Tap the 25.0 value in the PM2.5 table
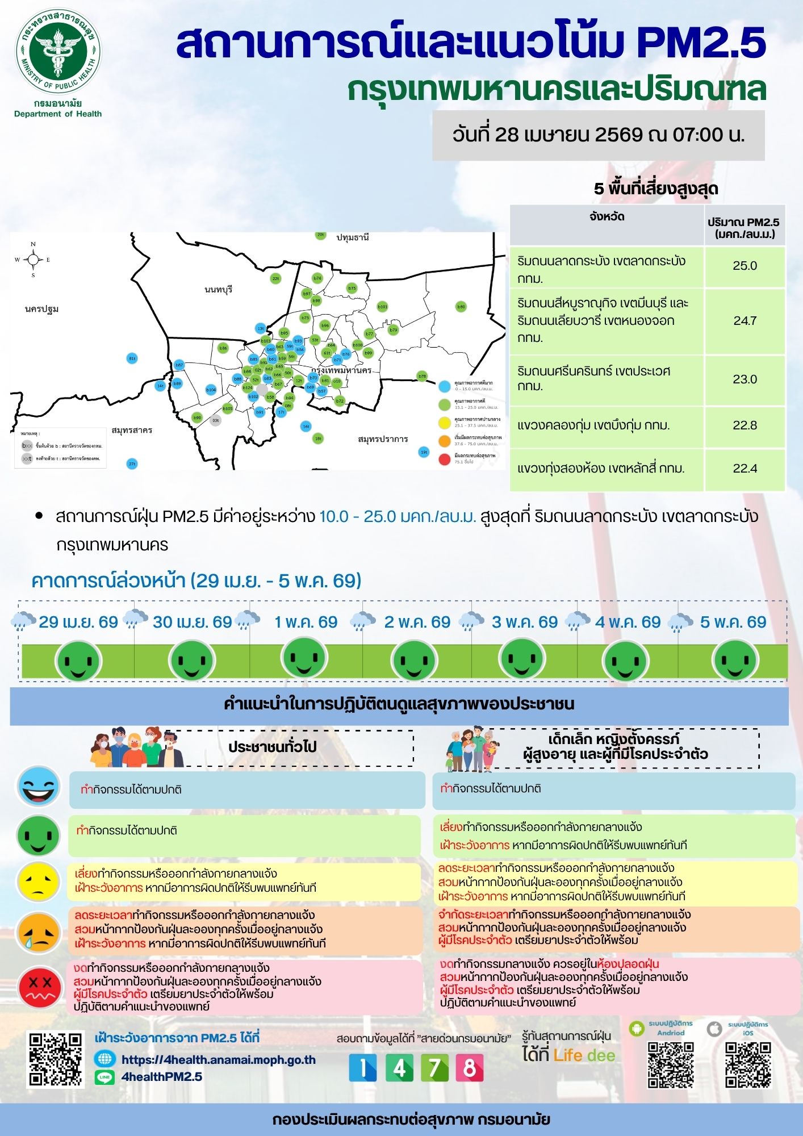[x=745, y=266]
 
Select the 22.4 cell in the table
[x=745, y=469]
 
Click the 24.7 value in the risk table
[x=745, y=321]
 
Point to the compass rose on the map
[x=33, y=260]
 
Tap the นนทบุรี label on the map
[x=219, y=290]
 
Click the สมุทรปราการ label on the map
[x=383, y=439]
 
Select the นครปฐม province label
[x=42, y=309]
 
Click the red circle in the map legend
[x=445, y=460]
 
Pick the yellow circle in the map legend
[x=445, y=423]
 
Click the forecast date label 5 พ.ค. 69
[x=733, y=622]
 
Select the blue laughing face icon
[x=38, y=787]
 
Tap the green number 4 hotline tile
[x=399, y=1068]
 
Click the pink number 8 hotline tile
[x=469, y=1068]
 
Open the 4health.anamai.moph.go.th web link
[x=218, y=1060]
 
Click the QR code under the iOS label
[x=747, y=1064]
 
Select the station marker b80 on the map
[x=461, y=307]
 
